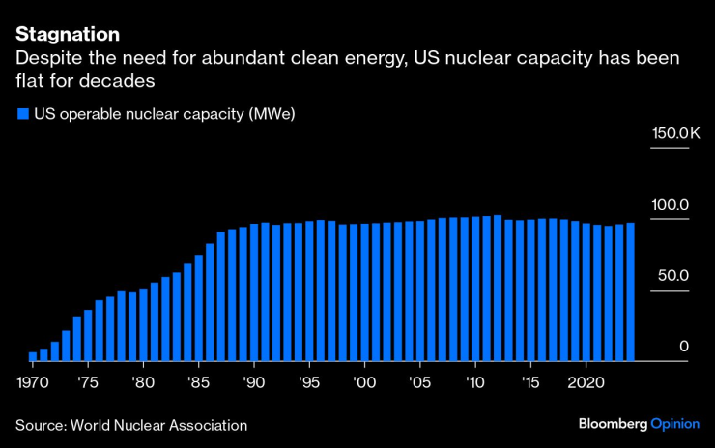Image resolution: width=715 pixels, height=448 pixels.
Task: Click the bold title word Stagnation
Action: [68, 34]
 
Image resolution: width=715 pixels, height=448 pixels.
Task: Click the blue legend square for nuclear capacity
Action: [22, 114]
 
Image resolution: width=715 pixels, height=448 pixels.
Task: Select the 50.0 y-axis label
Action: [672, 275]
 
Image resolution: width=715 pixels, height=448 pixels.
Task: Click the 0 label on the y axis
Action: [683, 346]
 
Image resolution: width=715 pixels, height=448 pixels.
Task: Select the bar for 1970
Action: [33, 356]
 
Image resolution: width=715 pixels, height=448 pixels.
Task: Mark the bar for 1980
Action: [143, 324]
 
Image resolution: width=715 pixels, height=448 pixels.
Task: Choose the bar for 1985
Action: [199, 308]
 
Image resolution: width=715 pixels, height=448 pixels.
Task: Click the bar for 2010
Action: [475, 289]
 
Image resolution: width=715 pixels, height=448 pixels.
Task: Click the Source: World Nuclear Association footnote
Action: [131, 425]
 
